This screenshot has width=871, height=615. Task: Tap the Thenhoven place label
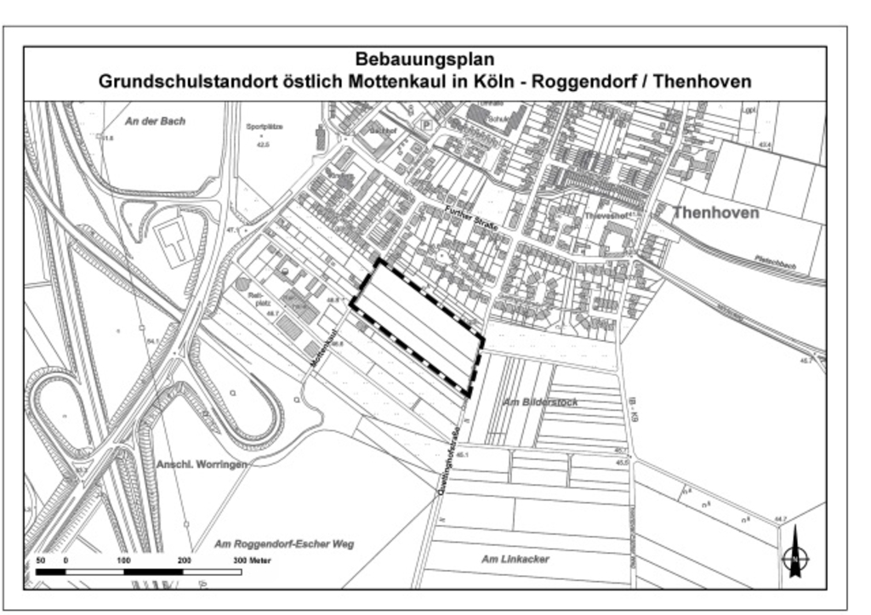pyautogui.click(x=715, y=213)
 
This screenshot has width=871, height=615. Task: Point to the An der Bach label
pyautogui.click(x=155, y=122)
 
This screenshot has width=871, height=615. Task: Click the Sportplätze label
pyautogui.click(x=264, y=126)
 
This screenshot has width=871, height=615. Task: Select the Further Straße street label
pyautogui.click(x=469, y=223)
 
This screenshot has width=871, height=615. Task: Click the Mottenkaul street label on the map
pyautogui.click(x=325, y=348)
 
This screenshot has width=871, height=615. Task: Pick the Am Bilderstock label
pyautogui.click(x=541, y=401)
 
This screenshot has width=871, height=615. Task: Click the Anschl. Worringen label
pyautogui.click(x=202, y=464)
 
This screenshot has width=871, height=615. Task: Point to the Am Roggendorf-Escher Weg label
pyautogui.click(x=283, y=544)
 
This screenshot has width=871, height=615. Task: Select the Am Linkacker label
pyautogui.click(x=515, y=559)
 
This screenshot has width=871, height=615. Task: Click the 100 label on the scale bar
pyautogui.click(x=123, y=561)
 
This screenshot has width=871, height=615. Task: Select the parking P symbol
pyautogui.click(x=426, y=125)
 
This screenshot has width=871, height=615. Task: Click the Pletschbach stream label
pyautogui.click(x=775, y=263)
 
